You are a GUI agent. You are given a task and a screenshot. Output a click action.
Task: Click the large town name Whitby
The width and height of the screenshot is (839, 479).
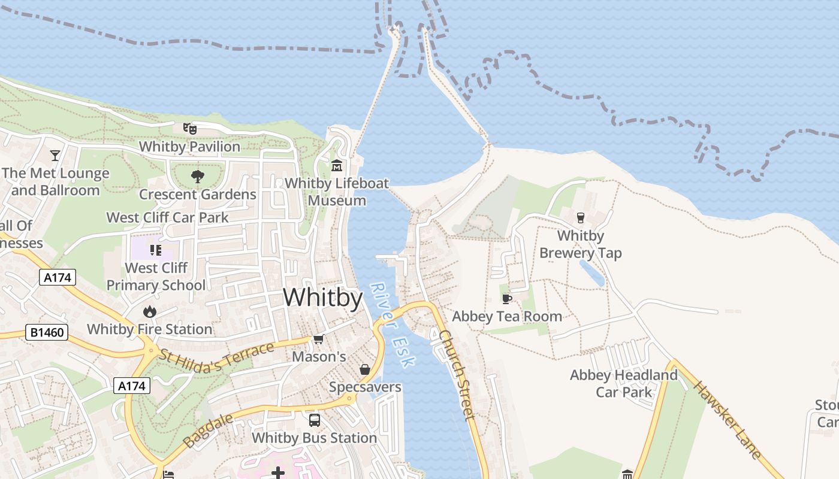(x=322, y=298)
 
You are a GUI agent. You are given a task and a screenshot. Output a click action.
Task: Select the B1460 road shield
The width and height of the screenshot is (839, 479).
(x=47, y=332)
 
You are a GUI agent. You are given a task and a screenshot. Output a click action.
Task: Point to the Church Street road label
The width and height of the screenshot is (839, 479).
(x=457, y=374)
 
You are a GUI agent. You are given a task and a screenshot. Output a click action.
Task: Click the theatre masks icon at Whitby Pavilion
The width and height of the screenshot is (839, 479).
(x=189, y=128)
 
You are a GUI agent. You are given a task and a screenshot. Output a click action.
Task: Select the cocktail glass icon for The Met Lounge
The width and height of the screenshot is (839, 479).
(x=55, y=156)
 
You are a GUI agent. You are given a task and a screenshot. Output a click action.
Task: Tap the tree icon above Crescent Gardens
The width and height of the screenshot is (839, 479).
(x=197, y=176)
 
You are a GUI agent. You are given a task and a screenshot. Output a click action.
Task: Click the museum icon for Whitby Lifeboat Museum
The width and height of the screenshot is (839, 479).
(x=337, y=165)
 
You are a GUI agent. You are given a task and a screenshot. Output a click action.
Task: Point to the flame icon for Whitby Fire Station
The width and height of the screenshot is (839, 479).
(x=149, y=311)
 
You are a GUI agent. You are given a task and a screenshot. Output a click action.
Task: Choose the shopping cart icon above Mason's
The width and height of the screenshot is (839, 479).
(x=318, y=339)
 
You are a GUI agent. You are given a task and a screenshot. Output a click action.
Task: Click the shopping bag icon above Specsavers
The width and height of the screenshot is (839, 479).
(x=364, y=369)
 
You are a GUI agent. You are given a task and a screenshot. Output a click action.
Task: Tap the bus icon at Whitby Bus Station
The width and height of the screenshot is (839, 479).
(x=314, y=420)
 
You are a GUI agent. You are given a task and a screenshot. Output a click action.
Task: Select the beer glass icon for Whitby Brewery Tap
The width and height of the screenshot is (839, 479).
(x=580, y=217)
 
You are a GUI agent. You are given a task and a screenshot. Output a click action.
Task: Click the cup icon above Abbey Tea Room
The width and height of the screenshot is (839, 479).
(x=507, y=299)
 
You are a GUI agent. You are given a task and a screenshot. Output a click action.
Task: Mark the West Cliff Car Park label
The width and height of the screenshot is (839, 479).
(x=167, y=217)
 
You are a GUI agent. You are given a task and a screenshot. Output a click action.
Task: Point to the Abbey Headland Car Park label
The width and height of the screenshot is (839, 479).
(x=623, y=383)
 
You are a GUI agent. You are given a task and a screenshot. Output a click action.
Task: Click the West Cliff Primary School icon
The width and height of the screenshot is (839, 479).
(x=155, y=250)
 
